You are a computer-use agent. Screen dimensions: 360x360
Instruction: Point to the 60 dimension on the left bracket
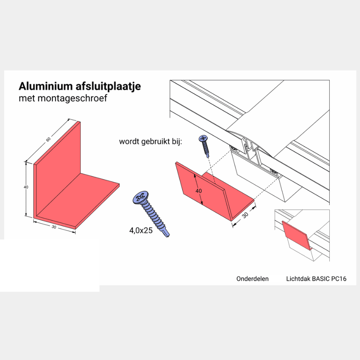(x=49, y=139)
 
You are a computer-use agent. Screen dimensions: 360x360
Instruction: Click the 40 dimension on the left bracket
(x=26, y=187)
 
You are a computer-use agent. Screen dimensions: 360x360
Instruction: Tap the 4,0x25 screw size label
(x=140, y=230)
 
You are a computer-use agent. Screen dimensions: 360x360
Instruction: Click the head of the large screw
(x=140, y=197)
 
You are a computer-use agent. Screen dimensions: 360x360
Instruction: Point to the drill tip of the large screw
(x=167, y=235)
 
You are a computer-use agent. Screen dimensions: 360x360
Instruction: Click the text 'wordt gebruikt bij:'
(x=150, y=142)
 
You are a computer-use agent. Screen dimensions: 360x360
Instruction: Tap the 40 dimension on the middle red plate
(x=199, y=191)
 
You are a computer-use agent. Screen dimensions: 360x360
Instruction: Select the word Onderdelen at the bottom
(x=252, y=279)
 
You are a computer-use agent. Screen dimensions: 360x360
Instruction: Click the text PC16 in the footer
(x=339, y=279)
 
